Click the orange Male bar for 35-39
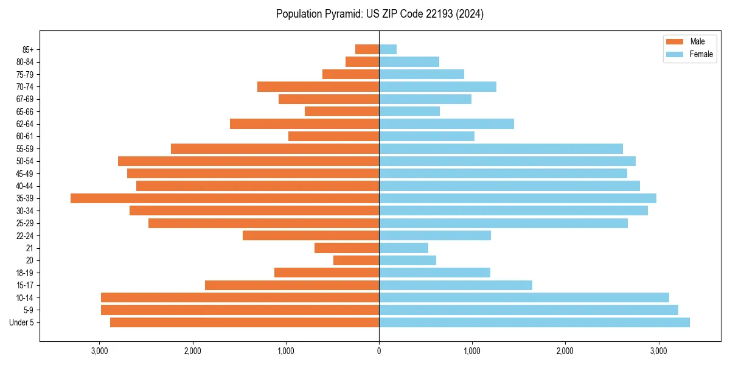tap(224, 198)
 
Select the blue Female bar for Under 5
tap(534, 322)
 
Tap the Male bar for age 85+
tap(367, 49)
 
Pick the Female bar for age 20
tap(408, 260)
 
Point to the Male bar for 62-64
tap(304, 124)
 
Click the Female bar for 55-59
tap(501, 149)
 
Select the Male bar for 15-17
tap(292, 285)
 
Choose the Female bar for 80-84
tap(409, 62)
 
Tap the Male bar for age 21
tap(347, 248)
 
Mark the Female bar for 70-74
tap(437, 87)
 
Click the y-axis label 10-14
tap(25, 298)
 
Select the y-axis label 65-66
tap(25, 112)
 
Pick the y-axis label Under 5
tap(22, 322)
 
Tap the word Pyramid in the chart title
tap(341, 14)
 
